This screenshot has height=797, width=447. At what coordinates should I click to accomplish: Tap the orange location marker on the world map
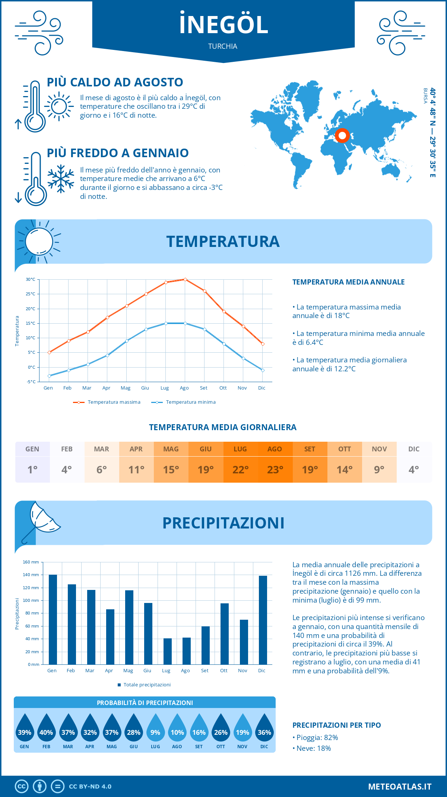342,136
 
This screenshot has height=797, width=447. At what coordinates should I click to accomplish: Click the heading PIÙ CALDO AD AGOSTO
115,82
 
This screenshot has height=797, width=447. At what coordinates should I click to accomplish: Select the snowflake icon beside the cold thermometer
61,179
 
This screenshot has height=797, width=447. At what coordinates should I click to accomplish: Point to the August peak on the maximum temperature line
185,279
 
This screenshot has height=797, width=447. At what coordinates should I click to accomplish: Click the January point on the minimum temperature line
49,376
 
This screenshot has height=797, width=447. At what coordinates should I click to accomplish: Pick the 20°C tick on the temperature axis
31,309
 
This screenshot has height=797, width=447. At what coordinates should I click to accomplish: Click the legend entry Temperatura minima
190,402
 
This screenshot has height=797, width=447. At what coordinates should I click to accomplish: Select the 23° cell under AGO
275,470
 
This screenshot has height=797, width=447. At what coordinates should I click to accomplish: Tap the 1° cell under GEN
32,470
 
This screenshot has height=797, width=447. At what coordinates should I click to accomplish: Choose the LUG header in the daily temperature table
240,449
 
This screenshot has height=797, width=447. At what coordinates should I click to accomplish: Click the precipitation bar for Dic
263,620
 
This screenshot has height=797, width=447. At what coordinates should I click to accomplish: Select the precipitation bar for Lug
168,651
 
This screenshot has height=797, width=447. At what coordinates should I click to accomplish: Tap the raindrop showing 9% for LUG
155,728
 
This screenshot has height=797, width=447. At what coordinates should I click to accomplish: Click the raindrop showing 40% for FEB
46,728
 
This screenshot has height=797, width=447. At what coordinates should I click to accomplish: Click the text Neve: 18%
313,749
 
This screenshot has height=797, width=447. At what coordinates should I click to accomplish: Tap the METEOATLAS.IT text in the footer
400,787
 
